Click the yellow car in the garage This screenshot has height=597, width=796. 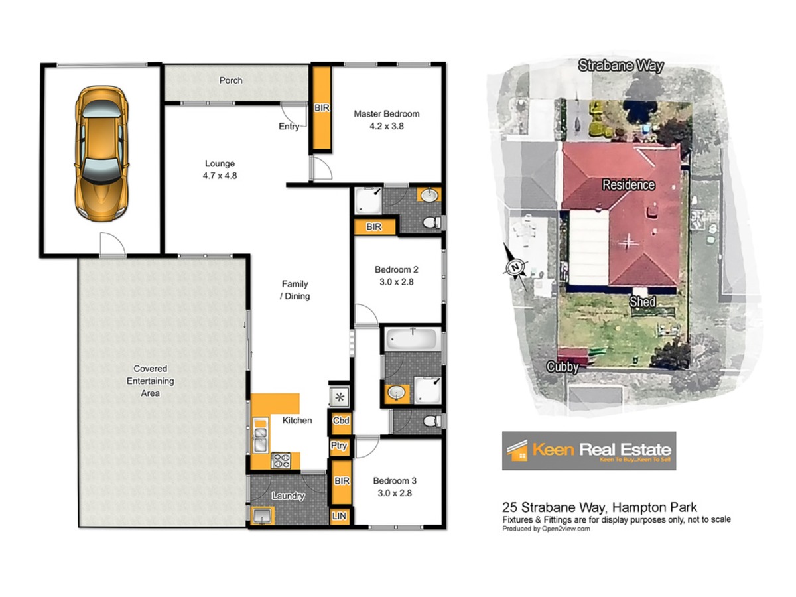[x=102, y=153]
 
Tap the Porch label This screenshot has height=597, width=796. [x=231, y=80]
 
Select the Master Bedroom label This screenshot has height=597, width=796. [x=387, y=114]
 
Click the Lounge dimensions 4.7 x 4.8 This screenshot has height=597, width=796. [x=220, y=176]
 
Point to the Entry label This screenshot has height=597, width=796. [x=289, y=127]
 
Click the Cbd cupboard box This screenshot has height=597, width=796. [x=340, y=421]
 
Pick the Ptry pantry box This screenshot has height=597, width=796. [x=339, y=446]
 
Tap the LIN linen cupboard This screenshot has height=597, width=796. [x=340, y=516]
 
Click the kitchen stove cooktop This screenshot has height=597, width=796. [x=281, y=461]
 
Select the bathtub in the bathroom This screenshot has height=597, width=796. [x=411, y=339]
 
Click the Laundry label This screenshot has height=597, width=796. [x=288, y=496]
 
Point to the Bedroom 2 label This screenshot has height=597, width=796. [x=397, y=270]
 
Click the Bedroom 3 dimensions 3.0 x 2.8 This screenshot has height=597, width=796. [x=395, y=493]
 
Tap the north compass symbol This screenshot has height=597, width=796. [x=515, y=267]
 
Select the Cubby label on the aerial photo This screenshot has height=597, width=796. [x=562, y=367]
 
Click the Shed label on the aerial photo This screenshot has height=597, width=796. [x=642, y=302]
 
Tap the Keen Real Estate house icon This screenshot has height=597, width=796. [x=517, y=451]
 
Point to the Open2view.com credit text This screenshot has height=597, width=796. [x=566, y=529]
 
